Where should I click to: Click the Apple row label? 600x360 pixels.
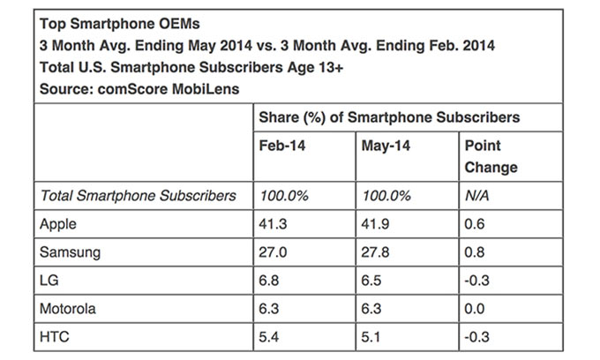(x=59, y=224)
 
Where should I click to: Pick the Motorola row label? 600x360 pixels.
(x=68, y=309)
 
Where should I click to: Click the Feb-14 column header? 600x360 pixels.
(x=281, y=145)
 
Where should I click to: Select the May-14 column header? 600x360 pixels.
(x=384, y=145)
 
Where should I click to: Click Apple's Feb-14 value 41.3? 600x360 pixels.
(x=273, y=224)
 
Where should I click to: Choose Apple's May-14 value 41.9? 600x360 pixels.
(x=376, y=224)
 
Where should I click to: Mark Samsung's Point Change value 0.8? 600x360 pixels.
(x=474, y=252)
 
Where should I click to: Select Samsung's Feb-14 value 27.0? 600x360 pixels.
(x=273, y=252)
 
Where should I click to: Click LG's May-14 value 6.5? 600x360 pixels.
(x=372, y=281)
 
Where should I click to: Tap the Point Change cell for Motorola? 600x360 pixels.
(x=474, y=309)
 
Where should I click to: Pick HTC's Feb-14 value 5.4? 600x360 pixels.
(x=269, y=337)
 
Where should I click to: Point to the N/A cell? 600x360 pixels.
(x=476, y=195)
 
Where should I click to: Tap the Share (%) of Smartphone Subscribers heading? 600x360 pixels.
(x=388, y=116)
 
